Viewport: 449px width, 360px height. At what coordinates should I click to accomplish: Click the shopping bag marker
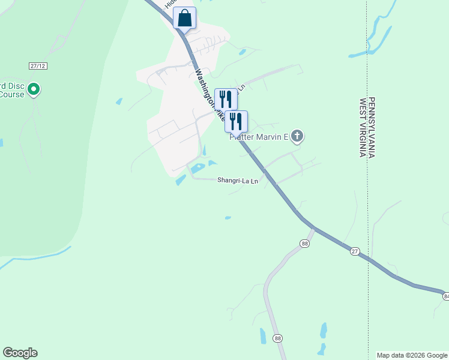pos(184,17)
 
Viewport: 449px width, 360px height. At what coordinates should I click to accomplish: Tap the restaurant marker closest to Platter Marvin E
pos(236,121)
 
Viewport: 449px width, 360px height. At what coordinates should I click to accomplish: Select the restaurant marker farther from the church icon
pos(225,99)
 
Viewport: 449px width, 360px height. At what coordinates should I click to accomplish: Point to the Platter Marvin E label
pos(260,137)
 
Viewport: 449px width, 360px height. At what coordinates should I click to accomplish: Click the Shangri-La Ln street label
pos(238,180)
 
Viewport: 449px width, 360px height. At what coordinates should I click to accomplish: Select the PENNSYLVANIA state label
pos(372,127)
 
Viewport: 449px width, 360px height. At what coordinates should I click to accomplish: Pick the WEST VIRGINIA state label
pos(363,127)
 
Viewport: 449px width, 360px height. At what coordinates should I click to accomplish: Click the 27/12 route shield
pos(37,65)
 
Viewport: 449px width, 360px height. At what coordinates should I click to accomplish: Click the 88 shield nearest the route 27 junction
pos(305,243)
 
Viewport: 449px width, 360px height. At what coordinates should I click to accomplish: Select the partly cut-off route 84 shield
pos(446,296)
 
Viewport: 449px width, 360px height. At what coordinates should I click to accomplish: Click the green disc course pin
pos(34,90)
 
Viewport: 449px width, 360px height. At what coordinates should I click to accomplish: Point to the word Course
pos(12,94)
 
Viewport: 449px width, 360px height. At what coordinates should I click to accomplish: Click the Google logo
pos(20,353)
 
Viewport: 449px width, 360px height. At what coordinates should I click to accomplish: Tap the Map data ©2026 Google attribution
pos(412,355)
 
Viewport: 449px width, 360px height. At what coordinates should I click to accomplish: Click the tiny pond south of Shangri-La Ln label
pos(228,218)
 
